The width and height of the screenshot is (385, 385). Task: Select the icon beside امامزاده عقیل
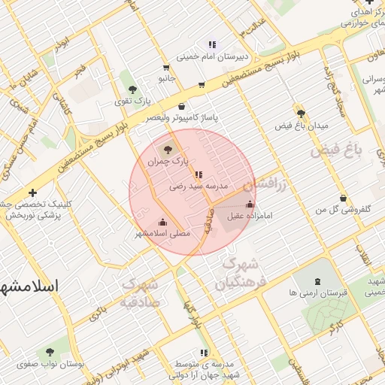point(250,205)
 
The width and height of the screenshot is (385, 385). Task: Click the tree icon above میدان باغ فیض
point(300,114)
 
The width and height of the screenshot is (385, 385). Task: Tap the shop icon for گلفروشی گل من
point(344,198)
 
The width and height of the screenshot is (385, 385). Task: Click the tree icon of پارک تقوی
point(132,90)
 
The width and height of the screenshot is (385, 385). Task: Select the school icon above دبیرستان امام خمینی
point(212,44)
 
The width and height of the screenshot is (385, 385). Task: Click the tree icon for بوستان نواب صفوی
point(50,352)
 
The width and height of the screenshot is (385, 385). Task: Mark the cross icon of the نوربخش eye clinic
point(32,192)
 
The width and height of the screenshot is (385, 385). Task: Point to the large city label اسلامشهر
point(30,286)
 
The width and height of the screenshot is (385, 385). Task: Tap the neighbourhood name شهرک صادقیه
point(137,294)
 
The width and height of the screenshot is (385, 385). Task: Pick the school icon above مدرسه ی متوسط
point(203,353)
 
